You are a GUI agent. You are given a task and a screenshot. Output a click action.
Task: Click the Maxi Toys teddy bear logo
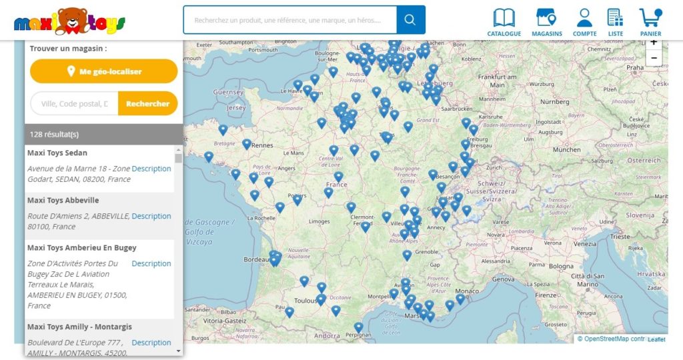pos(69,22)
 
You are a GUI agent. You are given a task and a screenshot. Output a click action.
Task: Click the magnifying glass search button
pos(410,20)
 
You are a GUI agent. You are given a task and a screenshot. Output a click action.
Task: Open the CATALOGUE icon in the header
pos(504,22)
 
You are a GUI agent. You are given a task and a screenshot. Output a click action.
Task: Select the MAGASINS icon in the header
pos(547,22)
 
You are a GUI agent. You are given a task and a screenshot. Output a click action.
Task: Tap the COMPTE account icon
pos(585,22)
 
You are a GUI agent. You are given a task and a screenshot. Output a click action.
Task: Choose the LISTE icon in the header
pos(616,22)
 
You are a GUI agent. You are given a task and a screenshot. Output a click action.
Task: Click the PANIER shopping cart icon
pos(650,22)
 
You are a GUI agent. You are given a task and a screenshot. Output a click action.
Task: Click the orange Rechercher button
pos(147,103)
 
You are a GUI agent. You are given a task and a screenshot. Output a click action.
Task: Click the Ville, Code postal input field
pos(75,103)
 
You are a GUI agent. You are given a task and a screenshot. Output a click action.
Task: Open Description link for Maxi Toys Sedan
pos(151,169)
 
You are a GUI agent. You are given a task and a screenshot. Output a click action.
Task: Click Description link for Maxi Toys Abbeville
pos(151,216)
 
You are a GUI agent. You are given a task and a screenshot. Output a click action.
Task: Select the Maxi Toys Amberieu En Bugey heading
pos(81,247)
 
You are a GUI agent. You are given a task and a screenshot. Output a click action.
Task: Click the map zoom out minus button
pos(654,58)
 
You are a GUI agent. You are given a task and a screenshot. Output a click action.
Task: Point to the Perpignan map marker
pos(358,327)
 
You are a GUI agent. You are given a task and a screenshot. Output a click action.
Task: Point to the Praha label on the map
pos(635,67)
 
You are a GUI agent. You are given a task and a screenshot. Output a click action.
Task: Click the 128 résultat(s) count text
pos(55,134)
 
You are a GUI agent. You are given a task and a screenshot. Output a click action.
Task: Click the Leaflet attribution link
pos(656,339)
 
